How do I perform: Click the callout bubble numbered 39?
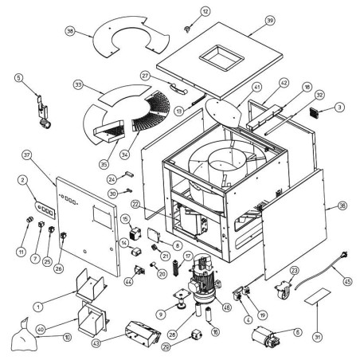pos(270,20)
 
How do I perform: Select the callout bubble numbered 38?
pos(72,31)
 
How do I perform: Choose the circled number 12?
pos(183,10)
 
